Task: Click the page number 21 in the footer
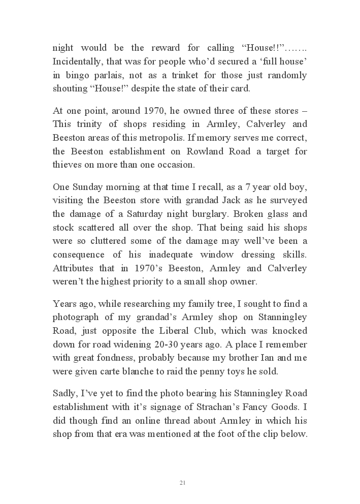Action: point(182,482)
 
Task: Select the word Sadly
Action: point(65,393)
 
